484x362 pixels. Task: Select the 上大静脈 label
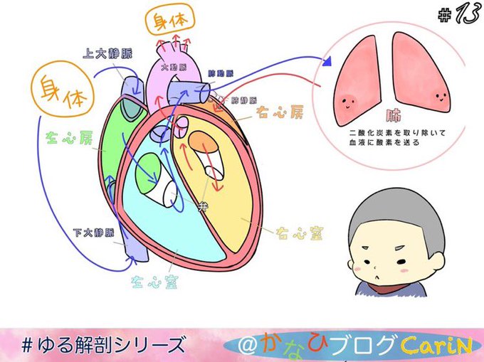point(107,53)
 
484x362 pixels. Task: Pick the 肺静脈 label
point(244,101)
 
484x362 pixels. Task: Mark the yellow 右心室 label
point(293,233)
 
